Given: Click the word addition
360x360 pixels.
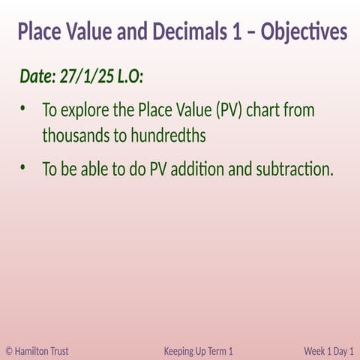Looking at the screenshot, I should [x=197, y=169].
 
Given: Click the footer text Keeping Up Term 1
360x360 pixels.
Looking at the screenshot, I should [x=198, y=350].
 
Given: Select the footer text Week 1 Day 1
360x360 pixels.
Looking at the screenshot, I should [x=328, y=350].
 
